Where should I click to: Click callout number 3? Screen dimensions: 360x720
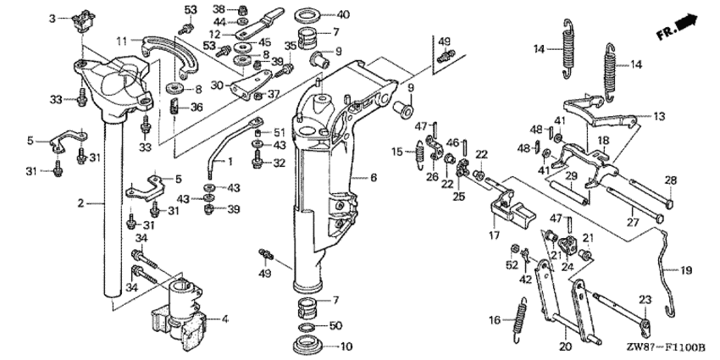click(x=52, y=18)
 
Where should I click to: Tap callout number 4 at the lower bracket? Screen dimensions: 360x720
click(x=225, y=319)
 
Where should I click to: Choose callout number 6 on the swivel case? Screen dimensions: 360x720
click(x=372, y=178)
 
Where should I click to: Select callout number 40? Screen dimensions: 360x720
click(x=342, y=14)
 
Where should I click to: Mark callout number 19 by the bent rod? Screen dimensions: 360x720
click(x=686, y=271)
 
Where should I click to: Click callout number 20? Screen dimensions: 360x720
click(x=563, y=346)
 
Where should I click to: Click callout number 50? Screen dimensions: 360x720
click(x=335, y=325)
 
